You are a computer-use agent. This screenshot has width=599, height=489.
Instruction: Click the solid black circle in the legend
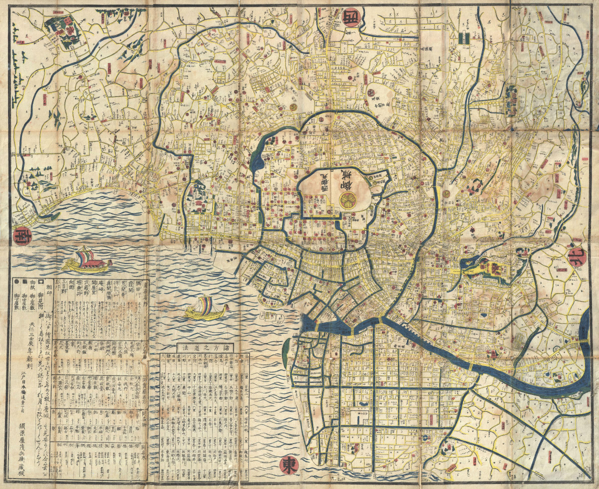pyautogui.click(x=18, y=282)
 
